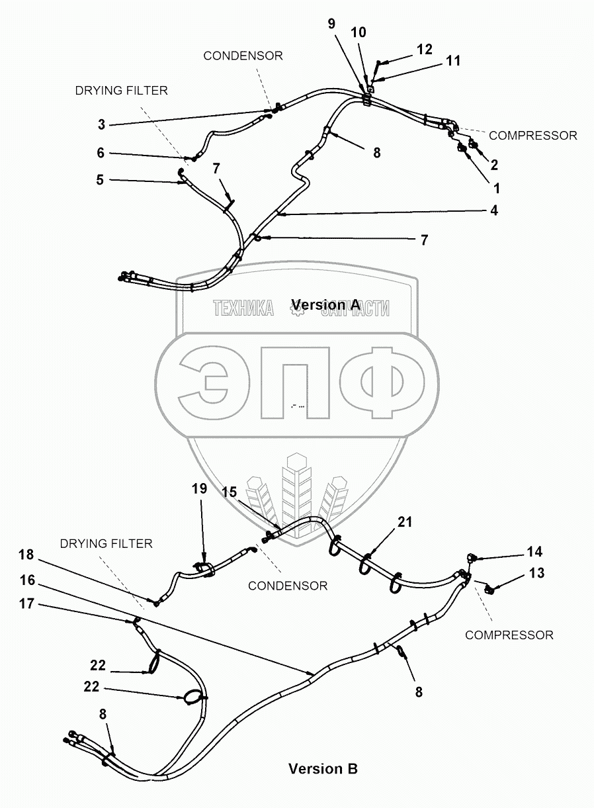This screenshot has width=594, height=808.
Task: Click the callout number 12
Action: click(424, 49)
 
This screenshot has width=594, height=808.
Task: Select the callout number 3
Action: click(101, 124)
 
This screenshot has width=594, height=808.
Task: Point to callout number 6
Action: click(101, 152)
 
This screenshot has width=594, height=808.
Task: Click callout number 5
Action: click(101, 179)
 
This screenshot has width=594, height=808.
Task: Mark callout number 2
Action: click(493, 165)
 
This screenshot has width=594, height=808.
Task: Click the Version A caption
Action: click(325, 304)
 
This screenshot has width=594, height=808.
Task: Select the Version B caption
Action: click(323, 769)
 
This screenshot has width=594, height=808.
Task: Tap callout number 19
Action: click(200, 489)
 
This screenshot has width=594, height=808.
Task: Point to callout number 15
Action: click(229, 492)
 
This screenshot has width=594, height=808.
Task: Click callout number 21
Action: click(405, 522)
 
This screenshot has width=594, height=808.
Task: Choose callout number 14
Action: click(534, 552)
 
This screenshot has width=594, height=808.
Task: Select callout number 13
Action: click(536, 572)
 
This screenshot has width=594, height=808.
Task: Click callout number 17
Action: click(27, 605)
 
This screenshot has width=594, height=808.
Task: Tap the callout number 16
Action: click(27, 580)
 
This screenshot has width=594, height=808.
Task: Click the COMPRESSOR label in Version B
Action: click(509, 635)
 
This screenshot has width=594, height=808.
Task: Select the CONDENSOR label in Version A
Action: click(243, 56)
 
